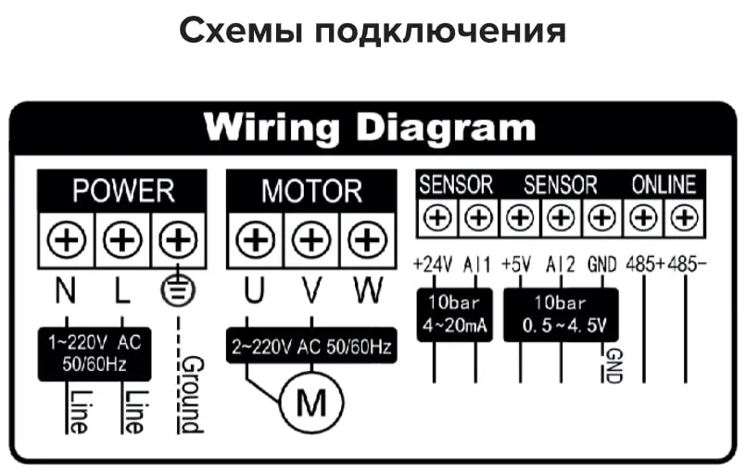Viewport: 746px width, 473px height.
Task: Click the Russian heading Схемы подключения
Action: (x=373, y=32)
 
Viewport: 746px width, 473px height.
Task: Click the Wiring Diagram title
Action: (x=370, y=125)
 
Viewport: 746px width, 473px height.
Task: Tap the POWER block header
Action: (x=123, y=190)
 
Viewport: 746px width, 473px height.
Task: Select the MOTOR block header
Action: (x=311, y=190)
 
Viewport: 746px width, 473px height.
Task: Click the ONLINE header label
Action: (x=664, y=184)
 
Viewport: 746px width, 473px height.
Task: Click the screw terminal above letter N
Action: (x=67, y=243)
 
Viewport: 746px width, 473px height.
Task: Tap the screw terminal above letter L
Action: (x=121, y=243)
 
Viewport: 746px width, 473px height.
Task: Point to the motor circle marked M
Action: (x=311, y=403)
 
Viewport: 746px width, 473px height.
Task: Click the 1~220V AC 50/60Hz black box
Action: (x=95, y=353)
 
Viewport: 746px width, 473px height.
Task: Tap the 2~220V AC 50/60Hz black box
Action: (x=311, y=349)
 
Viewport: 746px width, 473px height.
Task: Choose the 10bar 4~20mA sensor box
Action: (x=454, y=315)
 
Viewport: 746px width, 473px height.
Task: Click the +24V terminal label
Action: (x=432, y=263)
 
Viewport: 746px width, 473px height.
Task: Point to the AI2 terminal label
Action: (x=562, y=263)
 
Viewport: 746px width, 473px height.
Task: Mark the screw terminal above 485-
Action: (x=684, y=218)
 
